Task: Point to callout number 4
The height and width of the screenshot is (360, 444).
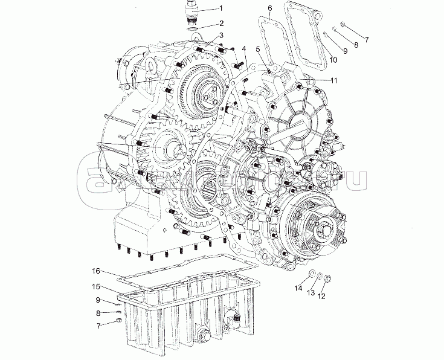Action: click(x=243, y=48)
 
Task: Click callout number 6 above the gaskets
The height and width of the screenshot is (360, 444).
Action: click(x=269, y=7)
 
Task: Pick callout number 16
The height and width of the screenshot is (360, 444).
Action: click(x=95, y=272)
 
